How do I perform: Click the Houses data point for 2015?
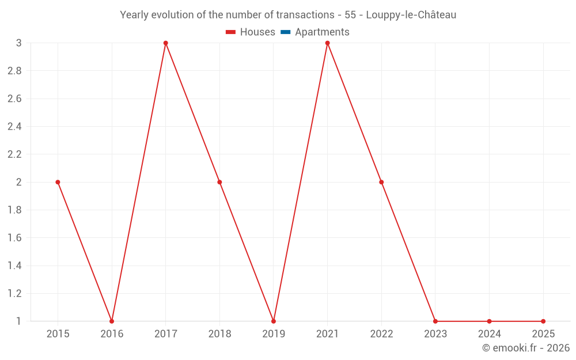coord(58,182)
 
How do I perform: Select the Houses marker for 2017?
coord(165,43)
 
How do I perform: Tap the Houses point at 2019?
coord(274,321)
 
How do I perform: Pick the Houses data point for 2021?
coord(327,43)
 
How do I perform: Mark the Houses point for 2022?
coord(381,182)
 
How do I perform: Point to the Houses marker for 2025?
coord(543,321)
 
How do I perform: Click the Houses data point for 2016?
coord(112,321)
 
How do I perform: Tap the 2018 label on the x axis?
coord(219,334)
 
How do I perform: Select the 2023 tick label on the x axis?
coord(435,334)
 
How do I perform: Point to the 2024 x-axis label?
coord(489,334)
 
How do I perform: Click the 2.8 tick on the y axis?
coord(14,71)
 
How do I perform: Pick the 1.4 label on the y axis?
coord(14,266)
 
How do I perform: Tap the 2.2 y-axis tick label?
coord(14,154)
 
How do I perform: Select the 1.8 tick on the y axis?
coord(14,210)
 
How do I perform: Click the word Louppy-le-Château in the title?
coord(411,15)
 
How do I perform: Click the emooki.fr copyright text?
coord(525,348)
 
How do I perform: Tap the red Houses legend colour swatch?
coord(231,32)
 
